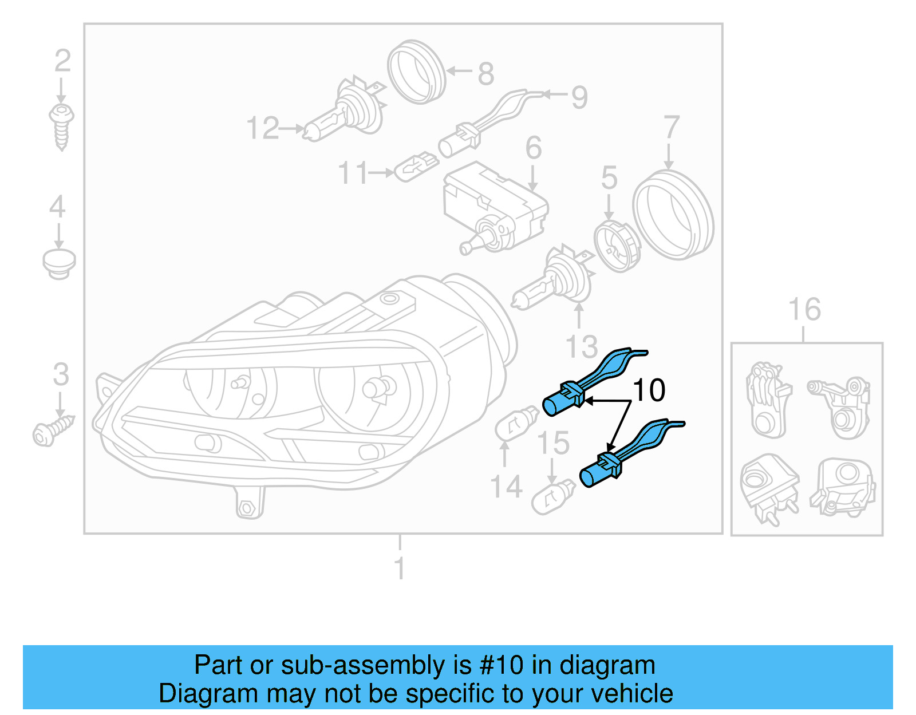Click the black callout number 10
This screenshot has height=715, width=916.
click(649, 390)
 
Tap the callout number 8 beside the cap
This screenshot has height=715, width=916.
click(485, 74)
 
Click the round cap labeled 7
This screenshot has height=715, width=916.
click(673, 215)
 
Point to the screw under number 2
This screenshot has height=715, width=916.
click(61, 125)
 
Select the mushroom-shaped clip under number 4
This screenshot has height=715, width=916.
click(59, 264)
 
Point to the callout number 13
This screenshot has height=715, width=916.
click(581, 347)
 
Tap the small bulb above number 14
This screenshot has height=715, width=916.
click(516, 424)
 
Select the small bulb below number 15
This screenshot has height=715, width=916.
click(553, 497)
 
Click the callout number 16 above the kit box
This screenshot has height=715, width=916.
click(804, 309)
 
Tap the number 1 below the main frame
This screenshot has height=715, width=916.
click(400, 568)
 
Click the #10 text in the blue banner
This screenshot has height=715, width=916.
click(501, 665)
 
